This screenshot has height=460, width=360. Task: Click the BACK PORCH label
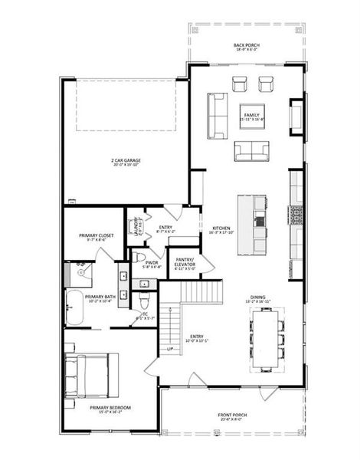[246, 46]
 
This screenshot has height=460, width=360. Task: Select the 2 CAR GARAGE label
[126, 161]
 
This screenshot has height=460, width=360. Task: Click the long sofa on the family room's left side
[216, 115]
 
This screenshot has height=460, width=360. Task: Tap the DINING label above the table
[259, 300]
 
